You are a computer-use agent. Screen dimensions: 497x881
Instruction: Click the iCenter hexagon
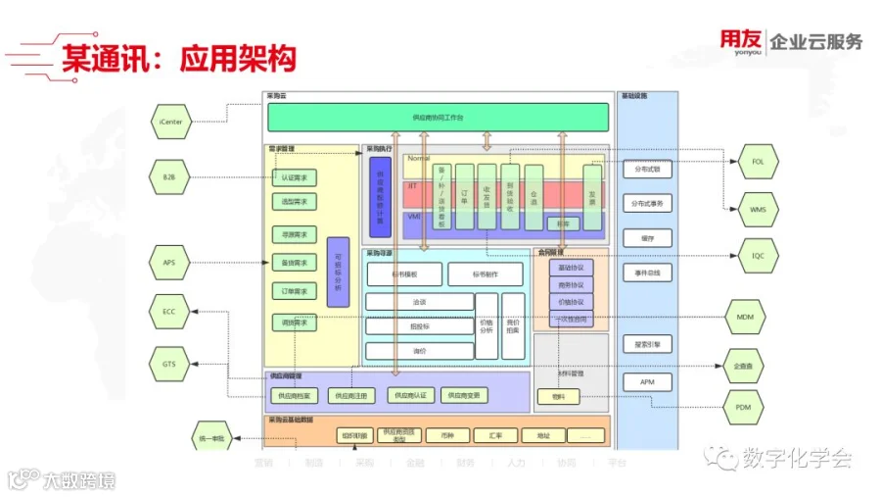tap(170, 122)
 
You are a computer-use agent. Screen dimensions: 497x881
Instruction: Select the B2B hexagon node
tap(170, 176)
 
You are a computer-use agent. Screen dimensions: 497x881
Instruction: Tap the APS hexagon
tap(170, 262)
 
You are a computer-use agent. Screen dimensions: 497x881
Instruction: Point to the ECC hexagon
tap(170, 312)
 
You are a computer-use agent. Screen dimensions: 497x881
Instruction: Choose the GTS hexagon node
tap(170, 364)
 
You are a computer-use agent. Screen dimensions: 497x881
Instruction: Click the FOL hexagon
tap(758, 161)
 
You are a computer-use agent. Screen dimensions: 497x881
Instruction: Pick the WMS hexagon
tap(758, 209)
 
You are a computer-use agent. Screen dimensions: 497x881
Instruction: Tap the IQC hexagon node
tap(758, 256)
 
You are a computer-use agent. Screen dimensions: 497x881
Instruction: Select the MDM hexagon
tap(744, 317)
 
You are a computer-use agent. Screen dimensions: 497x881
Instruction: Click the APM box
tap(647, 382)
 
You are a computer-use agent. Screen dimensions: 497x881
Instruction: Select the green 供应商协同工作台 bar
tap(438, 118)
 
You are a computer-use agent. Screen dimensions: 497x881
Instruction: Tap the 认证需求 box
tap(294, 177)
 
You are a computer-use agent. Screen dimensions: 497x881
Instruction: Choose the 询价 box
tap(418, 351)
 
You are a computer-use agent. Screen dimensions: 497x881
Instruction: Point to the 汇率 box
tap(482, 434)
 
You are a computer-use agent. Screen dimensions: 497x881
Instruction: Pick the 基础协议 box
tap(570, 268)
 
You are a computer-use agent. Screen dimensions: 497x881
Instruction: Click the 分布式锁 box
tap(647, 169)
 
